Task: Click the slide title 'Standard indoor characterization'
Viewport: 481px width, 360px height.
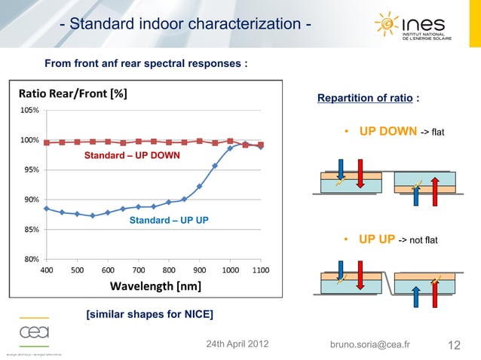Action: tap(185, 25)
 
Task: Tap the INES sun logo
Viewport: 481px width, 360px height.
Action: tap(388, 25)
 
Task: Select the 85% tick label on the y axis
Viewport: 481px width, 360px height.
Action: tap(31, 229)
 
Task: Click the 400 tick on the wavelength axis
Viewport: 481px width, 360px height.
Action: tap(46, 270)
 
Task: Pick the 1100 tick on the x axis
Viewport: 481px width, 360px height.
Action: tap(261, 270)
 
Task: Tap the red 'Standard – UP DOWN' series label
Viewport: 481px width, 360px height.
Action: tap(131, 156)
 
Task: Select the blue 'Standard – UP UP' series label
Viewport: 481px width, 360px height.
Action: tap(168, 221)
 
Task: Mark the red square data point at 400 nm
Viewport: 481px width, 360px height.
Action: tap(47, 142)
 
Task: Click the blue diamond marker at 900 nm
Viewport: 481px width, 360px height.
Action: tap(200, 186)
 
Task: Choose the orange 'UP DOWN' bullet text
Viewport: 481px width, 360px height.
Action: tap(388, 132)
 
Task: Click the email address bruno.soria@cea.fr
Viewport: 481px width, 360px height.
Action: tap(370, 345)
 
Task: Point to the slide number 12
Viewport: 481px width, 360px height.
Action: tap(454, 345)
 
